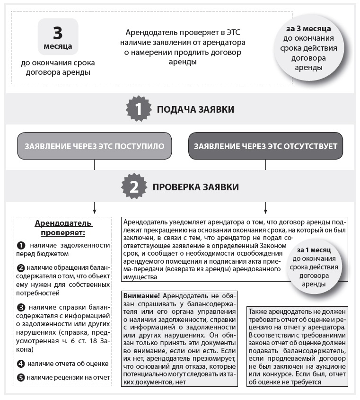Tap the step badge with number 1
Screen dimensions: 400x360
[138, 109]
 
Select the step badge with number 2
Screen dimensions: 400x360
[134, 187]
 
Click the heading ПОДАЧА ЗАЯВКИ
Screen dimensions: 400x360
[195, 109]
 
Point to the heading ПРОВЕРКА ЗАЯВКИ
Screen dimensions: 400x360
[195, 187]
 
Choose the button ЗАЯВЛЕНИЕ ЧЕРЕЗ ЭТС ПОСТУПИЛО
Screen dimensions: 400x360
[94, 146]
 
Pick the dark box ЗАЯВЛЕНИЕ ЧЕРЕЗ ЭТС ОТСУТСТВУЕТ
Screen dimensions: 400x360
[265, 146]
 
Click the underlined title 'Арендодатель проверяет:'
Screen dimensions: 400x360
[64, 228]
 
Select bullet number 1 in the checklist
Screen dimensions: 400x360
[21, 246]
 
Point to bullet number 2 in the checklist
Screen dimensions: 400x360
[21, 268]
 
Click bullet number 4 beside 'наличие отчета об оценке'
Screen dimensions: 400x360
[21, 364]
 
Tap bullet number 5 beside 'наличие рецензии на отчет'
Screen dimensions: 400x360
[21, 378]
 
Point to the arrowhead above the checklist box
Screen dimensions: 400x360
[95, 210]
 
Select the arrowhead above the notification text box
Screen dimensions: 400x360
[265, 210]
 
